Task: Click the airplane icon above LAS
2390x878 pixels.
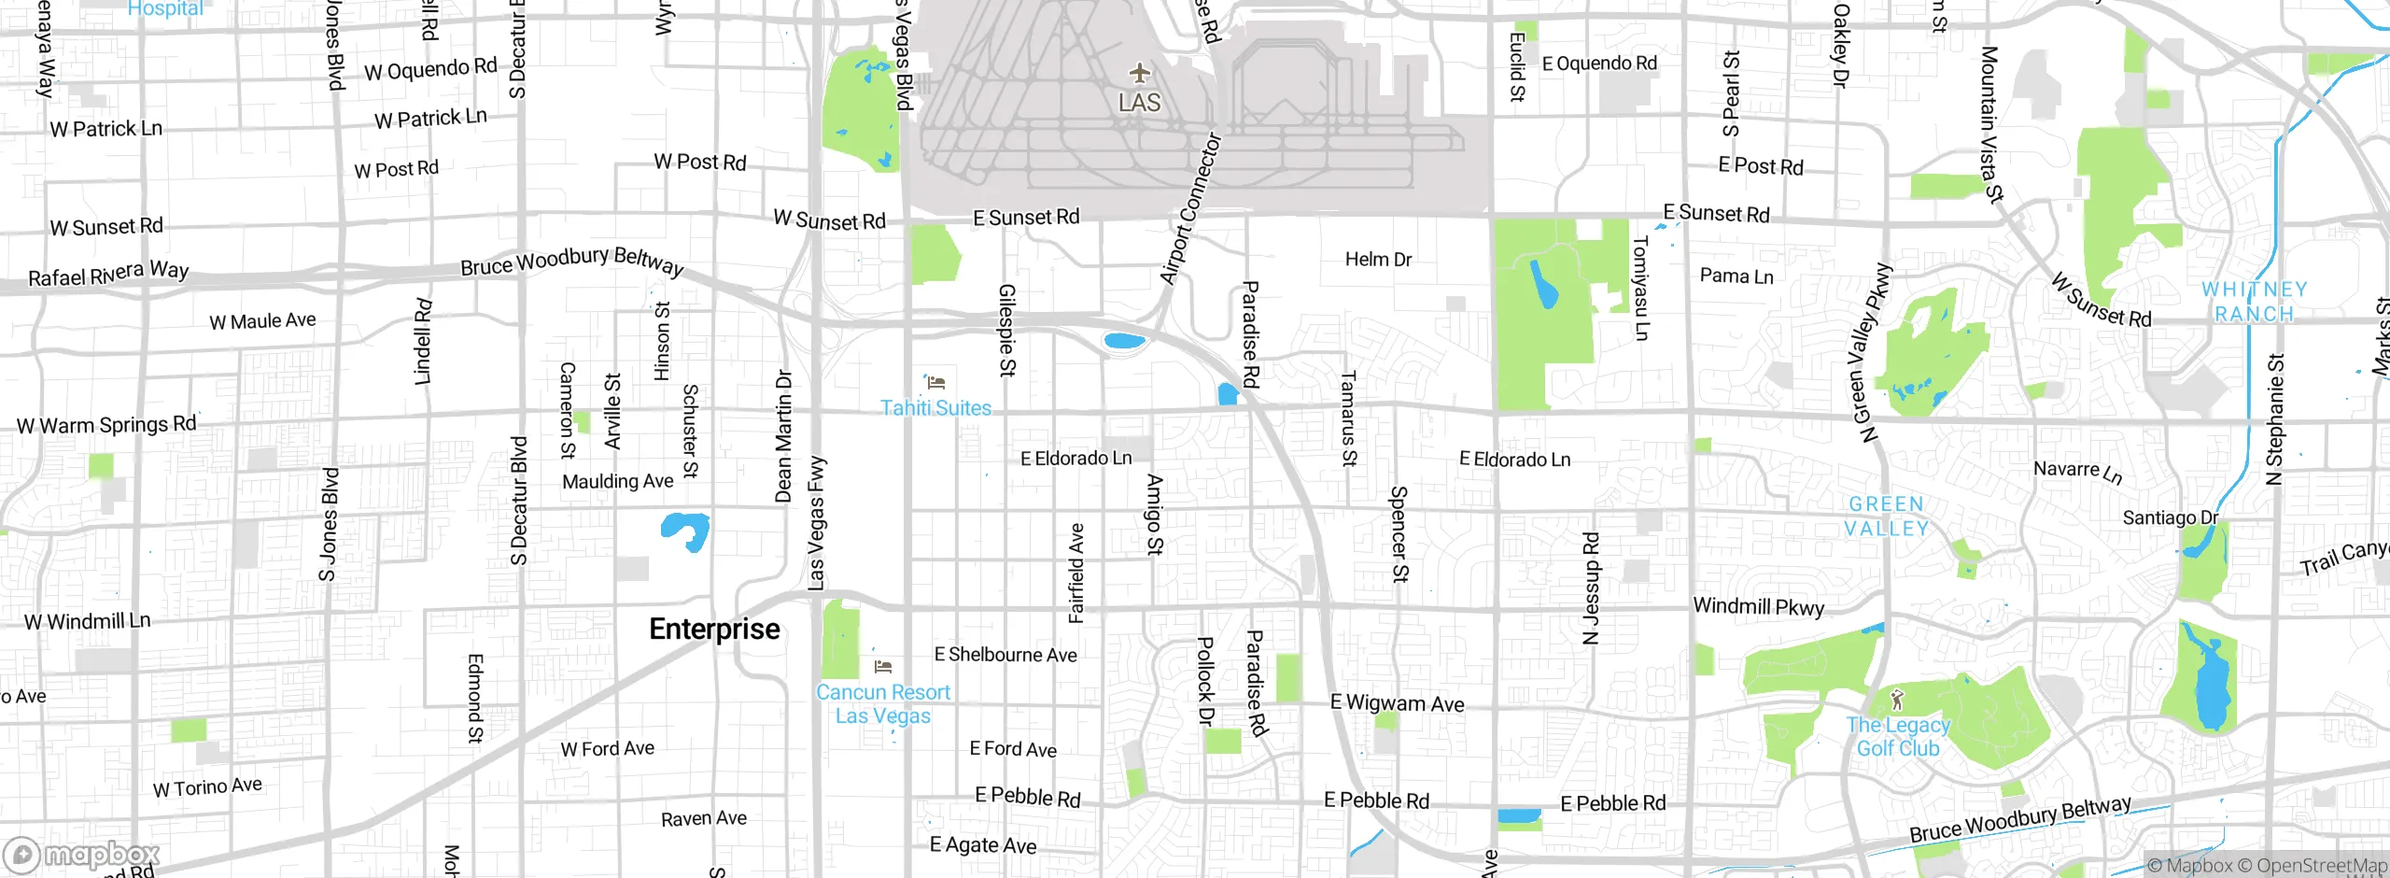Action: click(1139, 73)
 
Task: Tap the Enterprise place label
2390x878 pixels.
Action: click(714, 630)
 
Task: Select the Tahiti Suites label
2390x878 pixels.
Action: click(935, 408)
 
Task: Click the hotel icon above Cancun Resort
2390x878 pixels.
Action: click(883, 667)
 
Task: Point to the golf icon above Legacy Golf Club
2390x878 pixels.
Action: click(1896, 700)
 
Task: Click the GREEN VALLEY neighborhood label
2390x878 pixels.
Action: click(1886, 517)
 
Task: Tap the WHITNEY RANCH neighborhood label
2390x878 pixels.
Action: click(2254, 302)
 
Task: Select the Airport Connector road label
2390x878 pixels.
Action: click(1190, 208)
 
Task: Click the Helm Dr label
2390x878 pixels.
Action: click(1378, 260)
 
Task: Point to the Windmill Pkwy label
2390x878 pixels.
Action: click(1758, 607)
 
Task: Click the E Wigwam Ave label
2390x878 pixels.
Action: click(1397, 703)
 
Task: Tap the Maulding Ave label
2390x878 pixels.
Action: click(617, 482)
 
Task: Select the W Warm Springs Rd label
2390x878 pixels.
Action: click(106, 425)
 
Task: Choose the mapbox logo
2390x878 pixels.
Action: click(82, 855)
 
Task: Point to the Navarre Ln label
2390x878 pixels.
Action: click(2077, 472)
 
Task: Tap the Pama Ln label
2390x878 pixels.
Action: click(1736, 276)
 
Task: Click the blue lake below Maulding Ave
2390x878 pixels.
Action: click(686, 531)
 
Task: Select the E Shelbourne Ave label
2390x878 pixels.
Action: click(1005, 655)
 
